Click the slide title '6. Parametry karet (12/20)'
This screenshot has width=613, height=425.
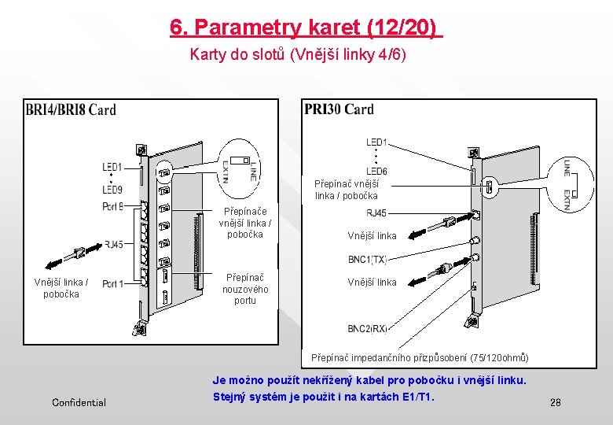tap(306, 28)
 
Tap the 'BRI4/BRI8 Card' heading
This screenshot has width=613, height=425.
tap(71, 109)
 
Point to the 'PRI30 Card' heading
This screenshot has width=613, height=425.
tap(339, 109)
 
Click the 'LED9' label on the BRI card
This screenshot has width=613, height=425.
tap(112, 190)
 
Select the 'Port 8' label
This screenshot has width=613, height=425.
tap(112, 207)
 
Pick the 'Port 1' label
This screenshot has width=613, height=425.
tap(112, 283)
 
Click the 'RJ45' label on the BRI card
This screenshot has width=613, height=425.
tap(114, 244)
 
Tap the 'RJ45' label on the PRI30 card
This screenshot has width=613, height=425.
tap(376, 213)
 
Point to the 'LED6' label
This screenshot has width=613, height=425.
tap(376, 172)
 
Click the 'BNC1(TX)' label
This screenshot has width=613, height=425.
tap(368, 259)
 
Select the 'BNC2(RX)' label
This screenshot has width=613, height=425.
tap(368, 329)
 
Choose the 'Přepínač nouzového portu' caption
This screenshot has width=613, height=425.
tap(245, 289)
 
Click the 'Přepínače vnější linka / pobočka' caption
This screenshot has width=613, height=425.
tap(245, 223)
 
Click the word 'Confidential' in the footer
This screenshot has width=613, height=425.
tap(79, 403)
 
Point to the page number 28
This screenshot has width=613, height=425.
tap(556, 403)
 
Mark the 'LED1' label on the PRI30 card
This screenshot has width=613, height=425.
tap(376, 142)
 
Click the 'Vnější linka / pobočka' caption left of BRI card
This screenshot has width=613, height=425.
tap(61, 288)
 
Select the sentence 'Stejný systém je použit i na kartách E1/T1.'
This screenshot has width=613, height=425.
tap(323, 397)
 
